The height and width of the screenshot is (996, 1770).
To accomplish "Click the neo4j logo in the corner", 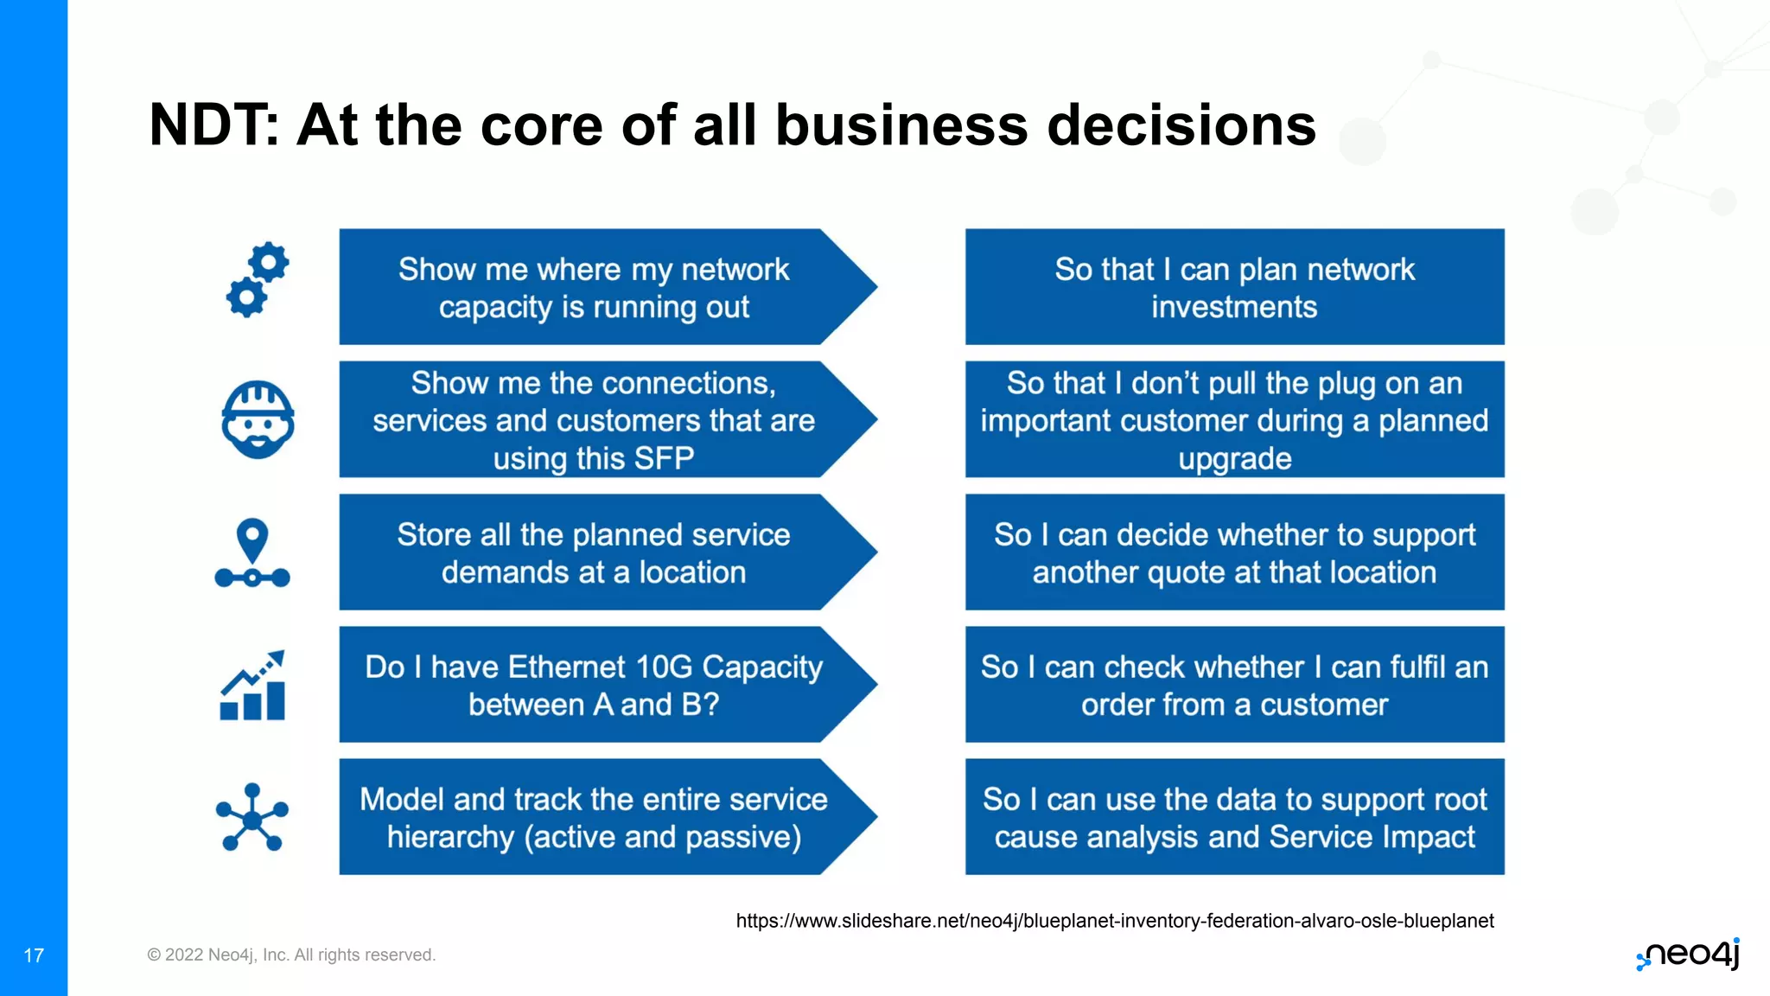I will pos(1690,954).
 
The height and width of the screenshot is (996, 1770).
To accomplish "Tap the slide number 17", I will pos(34,955).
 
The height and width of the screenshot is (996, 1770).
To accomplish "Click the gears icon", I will pos(258,279).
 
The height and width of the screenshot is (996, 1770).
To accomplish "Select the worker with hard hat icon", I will pos(258,419).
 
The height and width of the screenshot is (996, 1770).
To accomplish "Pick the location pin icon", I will pos(252,553).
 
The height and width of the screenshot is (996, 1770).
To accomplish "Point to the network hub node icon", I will pos(252,817).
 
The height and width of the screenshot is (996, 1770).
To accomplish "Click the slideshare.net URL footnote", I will pos(1114,921).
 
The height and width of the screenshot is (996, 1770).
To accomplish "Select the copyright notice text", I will pos(291,954).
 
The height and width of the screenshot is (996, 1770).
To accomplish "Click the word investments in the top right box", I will pos(1234,307).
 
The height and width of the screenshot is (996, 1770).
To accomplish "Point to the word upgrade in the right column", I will pos(1234,458).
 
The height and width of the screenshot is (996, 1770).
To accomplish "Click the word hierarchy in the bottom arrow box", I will pos(450,837).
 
